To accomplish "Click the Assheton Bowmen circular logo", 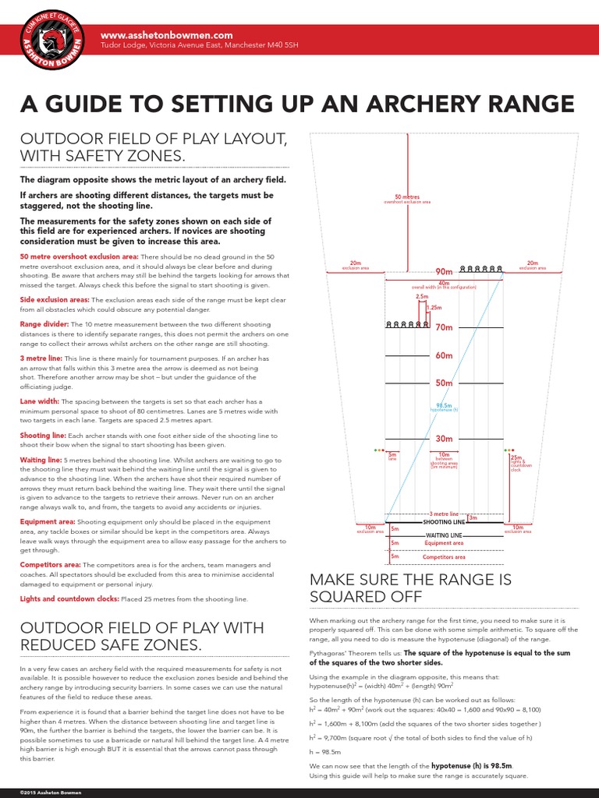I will (48, 46).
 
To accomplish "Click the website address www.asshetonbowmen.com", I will (167, 35).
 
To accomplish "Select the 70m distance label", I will (444, 328).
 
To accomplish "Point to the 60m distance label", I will (444, 355).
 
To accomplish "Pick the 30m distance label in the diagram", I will (444, 439).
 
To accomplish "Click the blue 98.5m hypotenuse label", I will (444, 405).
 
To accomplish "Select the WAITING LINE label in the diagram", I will (444, 536).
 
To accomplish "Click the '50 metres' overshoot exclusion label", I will (406, 197).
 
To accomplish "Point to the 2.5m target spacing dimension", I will (422, 297).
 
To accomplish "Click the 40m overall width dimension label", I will (444, 283).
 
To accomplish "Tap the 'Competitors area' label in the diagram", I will (444, 557).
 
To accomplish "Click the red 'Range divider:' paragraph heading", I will (44, 322).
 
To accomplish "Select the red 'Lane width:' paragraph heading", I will (40, 401).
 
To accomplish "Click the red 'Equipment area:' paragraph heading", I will (47, 522).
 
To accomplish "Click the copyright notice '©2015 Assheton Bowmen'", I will (41, 792).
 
